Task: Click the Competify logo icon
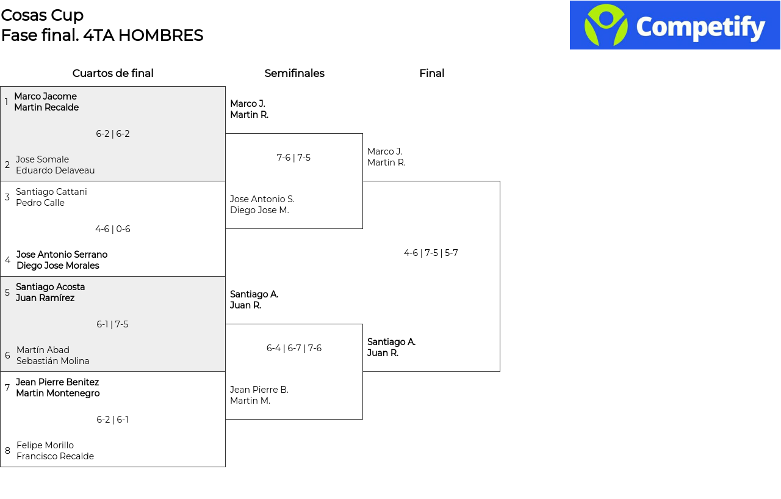pyautogui.click(x=606, y=25)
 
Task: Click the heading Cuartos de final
pyautogui.click(x=113, y=73)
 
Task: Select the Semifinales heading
pyautogui.click(x=294, y=73)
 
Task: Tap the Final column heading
pyautogui.click(x=431, y=73)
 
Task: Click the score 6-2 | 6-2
pyautogui.click(x=113, y=134)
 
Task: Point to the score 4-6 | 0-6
pyautogui.click(x=113, y=229)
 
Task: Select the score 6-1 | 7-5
pyautogui.click(x=112, y=324)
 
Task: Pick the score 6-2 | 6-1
pyautogui.click(x=112, y=420)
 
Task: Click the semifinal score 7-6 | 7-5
pyautogui.click(x=293, y=158)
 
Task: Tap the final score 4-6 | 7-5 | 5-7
pyautogui.click(x=431, y=253)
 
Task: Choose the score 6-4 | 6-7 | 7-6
pyautogui.click(x=294, y=348)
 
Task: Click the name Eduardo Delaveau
pyautogui.click(x=55, y=170)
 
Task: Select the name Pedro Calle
pyautogui.click(x=40, y=203)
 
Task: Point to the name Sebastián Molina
pyautogui.click(x=52, y=361)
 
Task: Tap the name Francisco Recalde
pyautogui.click(x=55, y=456)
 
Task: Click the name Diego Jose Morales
pyautogui.click(x=58, y=266)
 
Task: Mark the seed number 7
pyautogui.click(x=7, y=387)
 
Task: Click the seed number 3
pyautogui.click(x=7, y=197)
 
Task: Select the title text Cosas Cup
pyautogui.click(x=42, y=15)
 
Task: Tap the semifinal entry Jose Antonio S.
pyautogui.click(x=262, y=199)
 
